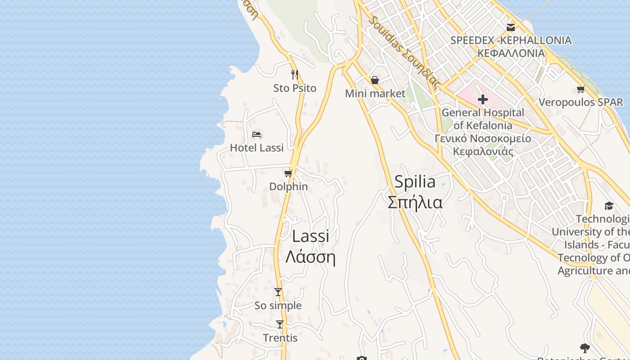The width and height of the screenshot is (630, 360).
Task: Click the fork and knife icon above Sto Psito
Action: coord(295,75)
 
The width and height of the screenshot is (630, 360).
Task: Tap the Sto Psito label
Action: coord(295,88)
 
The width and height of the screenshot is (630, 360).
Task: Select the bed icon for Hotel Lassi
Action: coord(257,135)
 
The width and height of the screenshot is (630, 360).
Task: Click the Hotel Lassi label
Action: coord(256,148)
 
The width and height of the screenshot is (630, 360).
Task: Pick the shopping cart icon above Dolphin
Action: coord(288,173)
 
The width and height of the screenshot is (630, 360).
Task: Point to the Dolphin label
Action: coord(288,186)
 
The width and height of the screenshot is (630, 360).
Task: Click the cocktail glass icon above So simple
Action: coord(278,292)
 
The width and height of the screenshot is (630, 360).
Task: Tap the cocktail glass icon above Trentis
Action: coord(280,324)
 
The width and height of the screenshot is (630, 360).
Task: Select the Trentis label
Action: coord(280,338)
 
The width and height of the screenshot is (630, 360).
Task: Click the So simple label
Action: coord(278,306)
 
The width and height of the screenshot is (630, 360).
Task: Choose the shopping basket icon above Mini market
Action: coord(375,80)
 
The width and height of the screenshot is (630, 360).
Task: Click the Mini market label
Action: coord(375,94)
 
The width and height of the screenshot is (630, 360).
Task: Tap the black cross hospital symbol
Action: coord(483,99)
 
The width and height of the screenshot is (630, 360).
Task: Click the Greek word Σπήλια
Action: coord(415,202)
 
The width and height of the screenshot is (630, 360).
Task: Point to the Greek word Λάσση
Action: coord(310,257)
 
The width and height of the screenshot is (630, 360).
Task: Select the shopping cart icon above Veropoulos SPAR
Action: coord(580,90)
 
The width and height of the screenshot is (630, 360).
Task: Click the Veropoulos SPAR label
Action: coord(580,103)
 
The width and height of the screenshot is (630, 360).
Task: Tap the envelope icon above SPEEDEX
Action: coord(511,27)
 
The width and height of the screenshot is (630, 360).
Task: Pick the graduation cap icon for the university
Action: coord(609,206)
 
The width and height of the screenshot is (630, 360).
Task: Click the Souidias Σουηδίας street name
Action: coord(404,52)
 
